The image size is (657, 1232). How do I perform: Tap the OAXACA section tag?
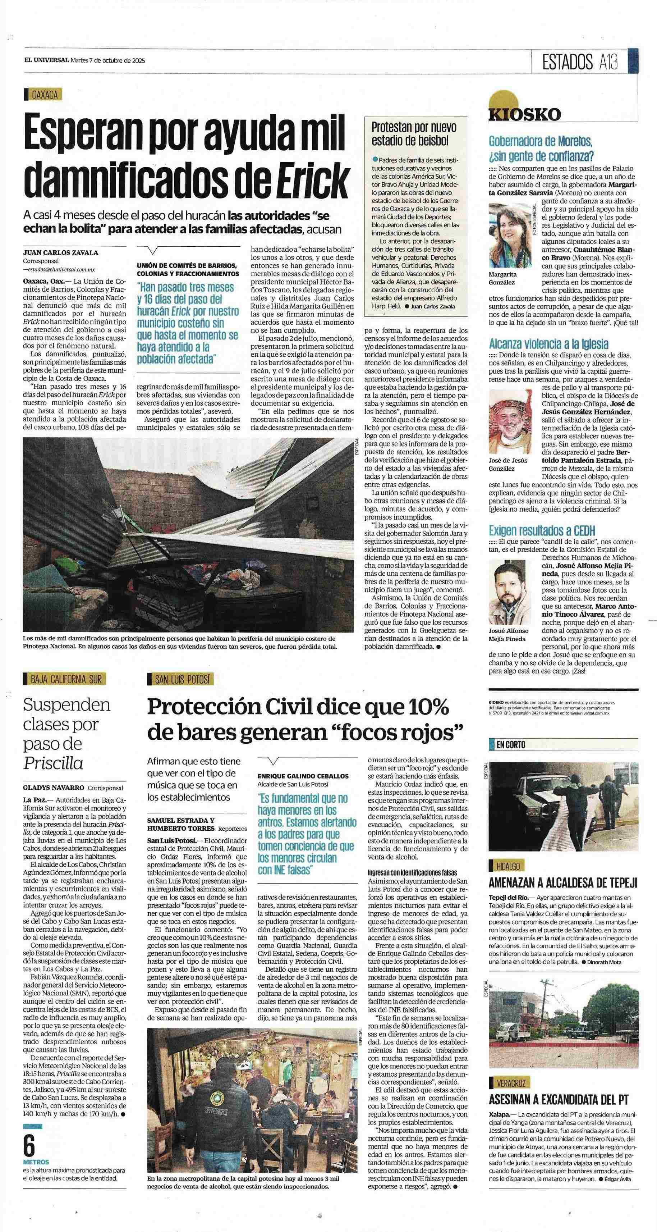pyautogui.click(x=44, y=95)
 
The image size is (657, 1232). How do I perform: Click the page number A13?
pyautogui.click(x=607, y=62)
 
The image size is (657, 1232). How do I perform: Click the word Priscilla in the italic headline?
pyautogui.click(x=53, y=762)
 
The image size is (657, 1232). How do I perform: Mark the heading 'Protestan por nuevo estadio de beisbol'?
pyautogui.click(x=414, y=134)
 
